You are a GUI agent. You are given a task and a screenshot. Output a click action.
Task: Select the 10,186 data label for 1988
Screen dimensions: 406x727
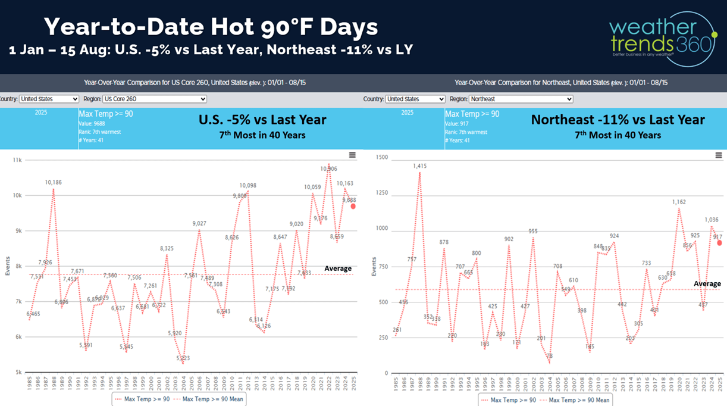(x=54, y=182)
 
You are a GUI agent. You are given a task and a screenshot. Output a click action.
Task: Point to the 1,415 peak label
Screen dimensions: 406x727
(x=419, y=166)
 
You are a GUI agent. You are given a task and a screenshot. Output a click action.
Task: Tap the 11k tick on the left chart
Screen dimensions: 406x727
(x=17, y=160)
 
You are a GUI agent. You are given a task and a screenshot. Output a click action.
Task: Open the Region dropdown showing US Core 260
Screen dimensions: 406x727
(x=154, y=99)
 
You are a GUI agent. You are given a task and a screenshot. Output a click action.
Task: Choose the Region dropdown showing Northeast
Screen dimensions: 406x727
(x=521, y=99)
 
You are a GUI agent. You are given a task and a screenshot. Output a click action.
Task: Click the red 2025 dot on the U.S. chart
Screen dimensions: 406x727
(x=353, y=206)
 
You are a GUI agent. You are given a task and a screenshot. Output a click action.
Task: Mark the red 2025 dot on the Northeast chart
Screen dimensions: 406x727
(x=719, y=243)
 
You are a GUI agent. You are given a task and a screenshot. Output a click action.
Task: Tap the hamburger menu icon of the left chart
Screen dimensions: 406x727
(x=352, y=155)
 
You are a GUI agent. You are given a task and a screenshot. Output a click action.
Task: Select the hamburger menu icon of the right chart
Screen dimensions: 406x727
(x=718, y=155)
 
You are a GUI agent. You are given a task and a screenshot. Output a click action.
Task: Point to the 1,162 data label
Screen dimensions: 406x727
(x=679, y=202)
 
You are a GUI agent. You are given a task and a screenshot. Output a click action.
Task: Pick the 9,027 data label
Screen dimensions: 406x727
(x=199, y=223)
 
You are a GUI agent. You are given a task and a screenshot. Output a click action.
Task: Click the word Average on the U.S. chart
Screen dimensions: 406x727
(x=338, y=268)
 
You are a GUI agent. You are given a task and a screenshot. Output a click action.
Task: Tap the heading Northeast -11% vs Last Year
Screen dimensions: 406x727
(x=618, y=120)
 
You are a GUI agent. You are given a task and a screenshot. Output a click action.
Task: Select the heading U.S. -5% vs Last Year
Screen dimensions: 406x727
(x=262, y=120)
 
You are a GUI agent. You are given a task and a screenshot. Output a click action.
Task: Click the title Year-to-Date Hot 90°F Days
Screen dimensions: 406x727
(x=211, y=27)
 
